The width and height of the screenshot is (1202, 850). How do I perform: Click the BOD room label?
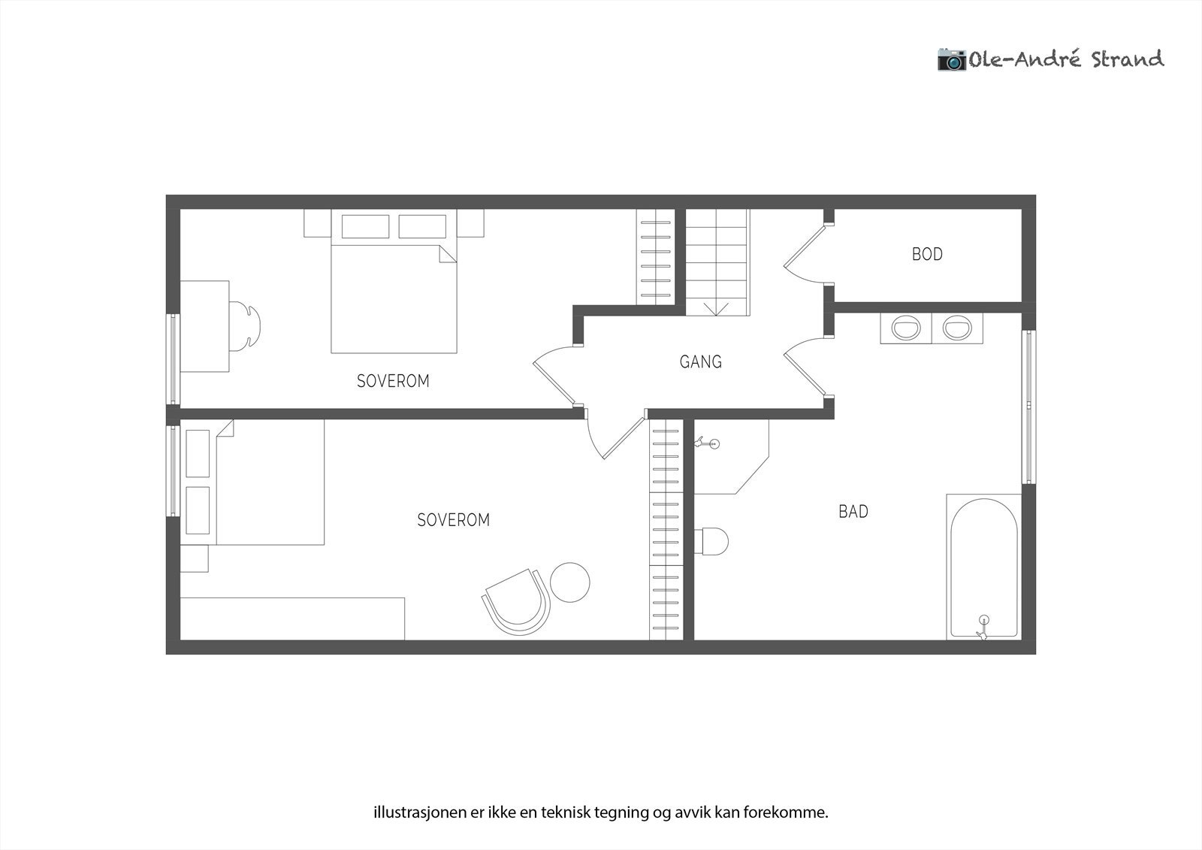(927, 254)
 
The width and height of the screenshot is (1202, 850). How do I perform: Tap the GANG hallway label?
(700, 362)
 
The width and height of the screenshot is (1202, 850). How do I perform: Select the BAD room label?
(853, 512)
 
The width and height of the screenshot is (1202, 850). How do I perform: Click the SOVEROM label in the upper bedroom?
(393, 381)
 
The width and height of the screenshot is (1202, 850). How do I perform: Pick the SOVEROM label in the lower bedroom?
(453, 520)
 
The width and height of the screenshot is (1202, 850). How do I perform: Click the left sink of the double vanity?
(905, 328)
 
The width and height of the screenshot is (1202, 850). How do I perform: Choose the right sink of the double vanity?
(957, 328)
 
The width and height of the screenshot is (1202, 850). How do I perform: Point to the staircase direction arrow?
(717, 307)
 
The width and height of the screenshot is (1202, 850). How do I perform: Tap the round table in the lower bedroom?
(570, 582)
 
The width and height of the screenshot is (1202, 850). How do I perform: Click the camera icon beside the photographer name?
(951, 59)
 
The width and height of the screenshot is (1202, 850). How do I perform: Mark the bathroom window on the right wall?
(1027, 406)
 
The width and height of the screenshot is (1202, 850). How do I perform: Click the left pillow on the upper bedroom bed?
(365, 226)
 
